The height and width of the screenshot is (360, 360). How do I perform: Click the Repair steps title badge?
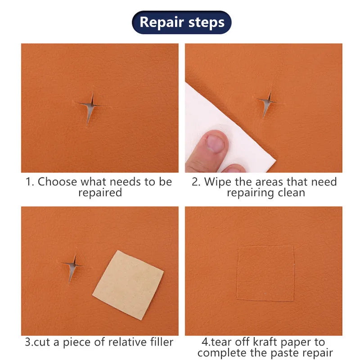tap(181, 22)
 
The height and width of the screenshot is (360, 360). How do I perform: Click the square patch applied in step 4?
tap(265, 273)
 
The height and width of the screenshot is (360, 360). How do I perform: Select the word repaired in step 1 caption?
tap(100, 193)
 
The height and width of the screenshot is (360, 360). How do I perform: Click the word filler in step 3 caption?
tap(157, 342)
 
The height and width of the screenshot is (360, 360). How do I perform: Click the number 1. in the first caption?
tap(30, 182)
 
